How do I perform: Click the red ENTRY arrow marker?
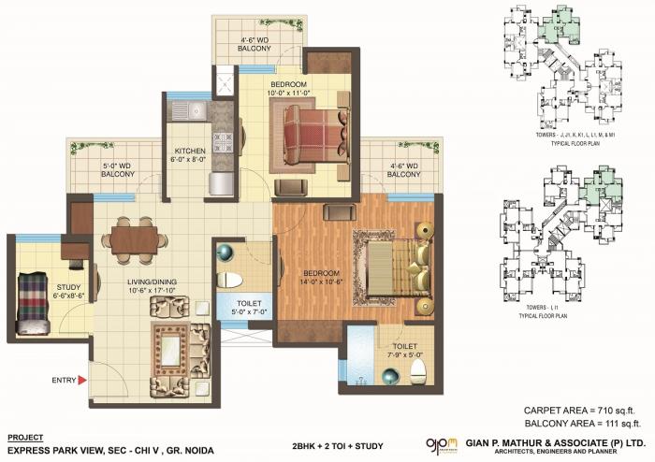click(82, 379)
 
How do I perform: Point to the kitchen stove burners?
click(223, 141)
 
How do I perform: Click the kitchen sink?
click(197, 111)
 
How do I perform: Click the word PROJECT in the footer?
click(25, 437)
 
